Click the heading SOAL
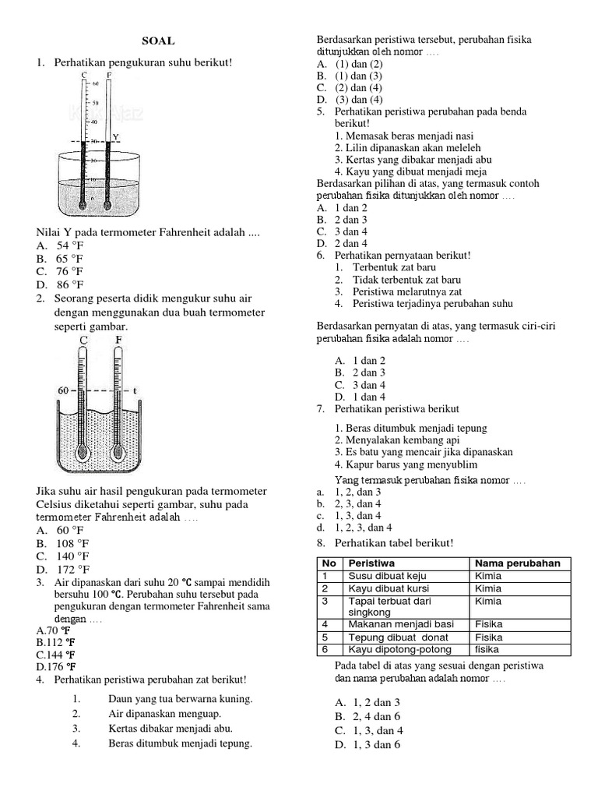[158, 41]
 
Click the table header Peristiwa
[371, 563]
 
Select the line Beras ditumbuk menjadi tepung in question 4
[180, 743]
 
